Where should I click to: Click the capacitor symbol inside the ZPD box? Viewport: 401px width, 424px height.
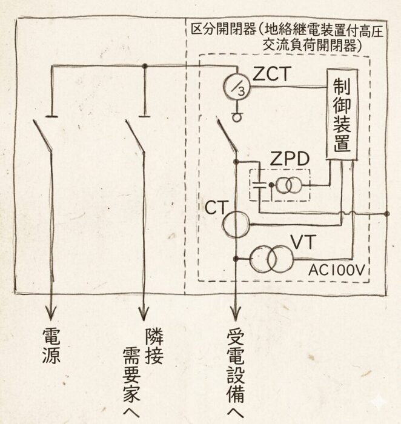pyautogui.click(x=259, y=185)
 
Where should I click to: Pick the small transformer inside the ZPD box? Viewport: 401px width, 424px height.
pyautogui.click(x=285, y=187)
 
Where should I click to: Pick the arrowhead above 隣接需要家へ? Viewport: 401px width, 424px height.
pyautogui.click(x=144, y=313)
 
